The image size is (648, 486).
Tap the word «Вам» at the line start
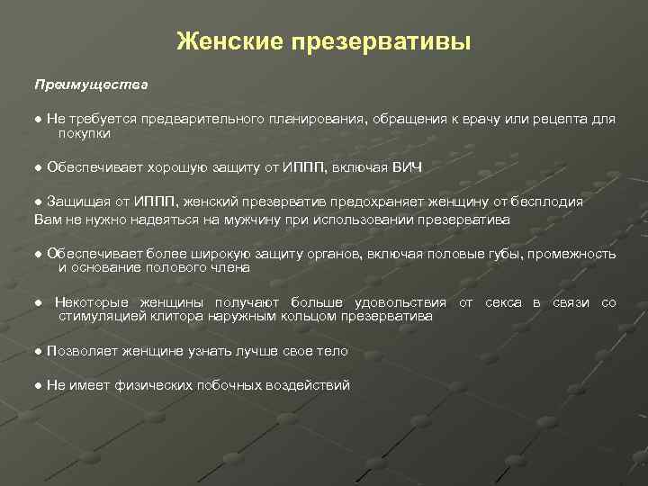(47, 219)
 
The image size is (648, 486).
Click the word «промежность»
(571, 254)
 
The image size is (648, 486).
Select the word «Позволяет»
(82, 351)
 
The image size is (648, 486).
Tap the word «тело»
(332, 351)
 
